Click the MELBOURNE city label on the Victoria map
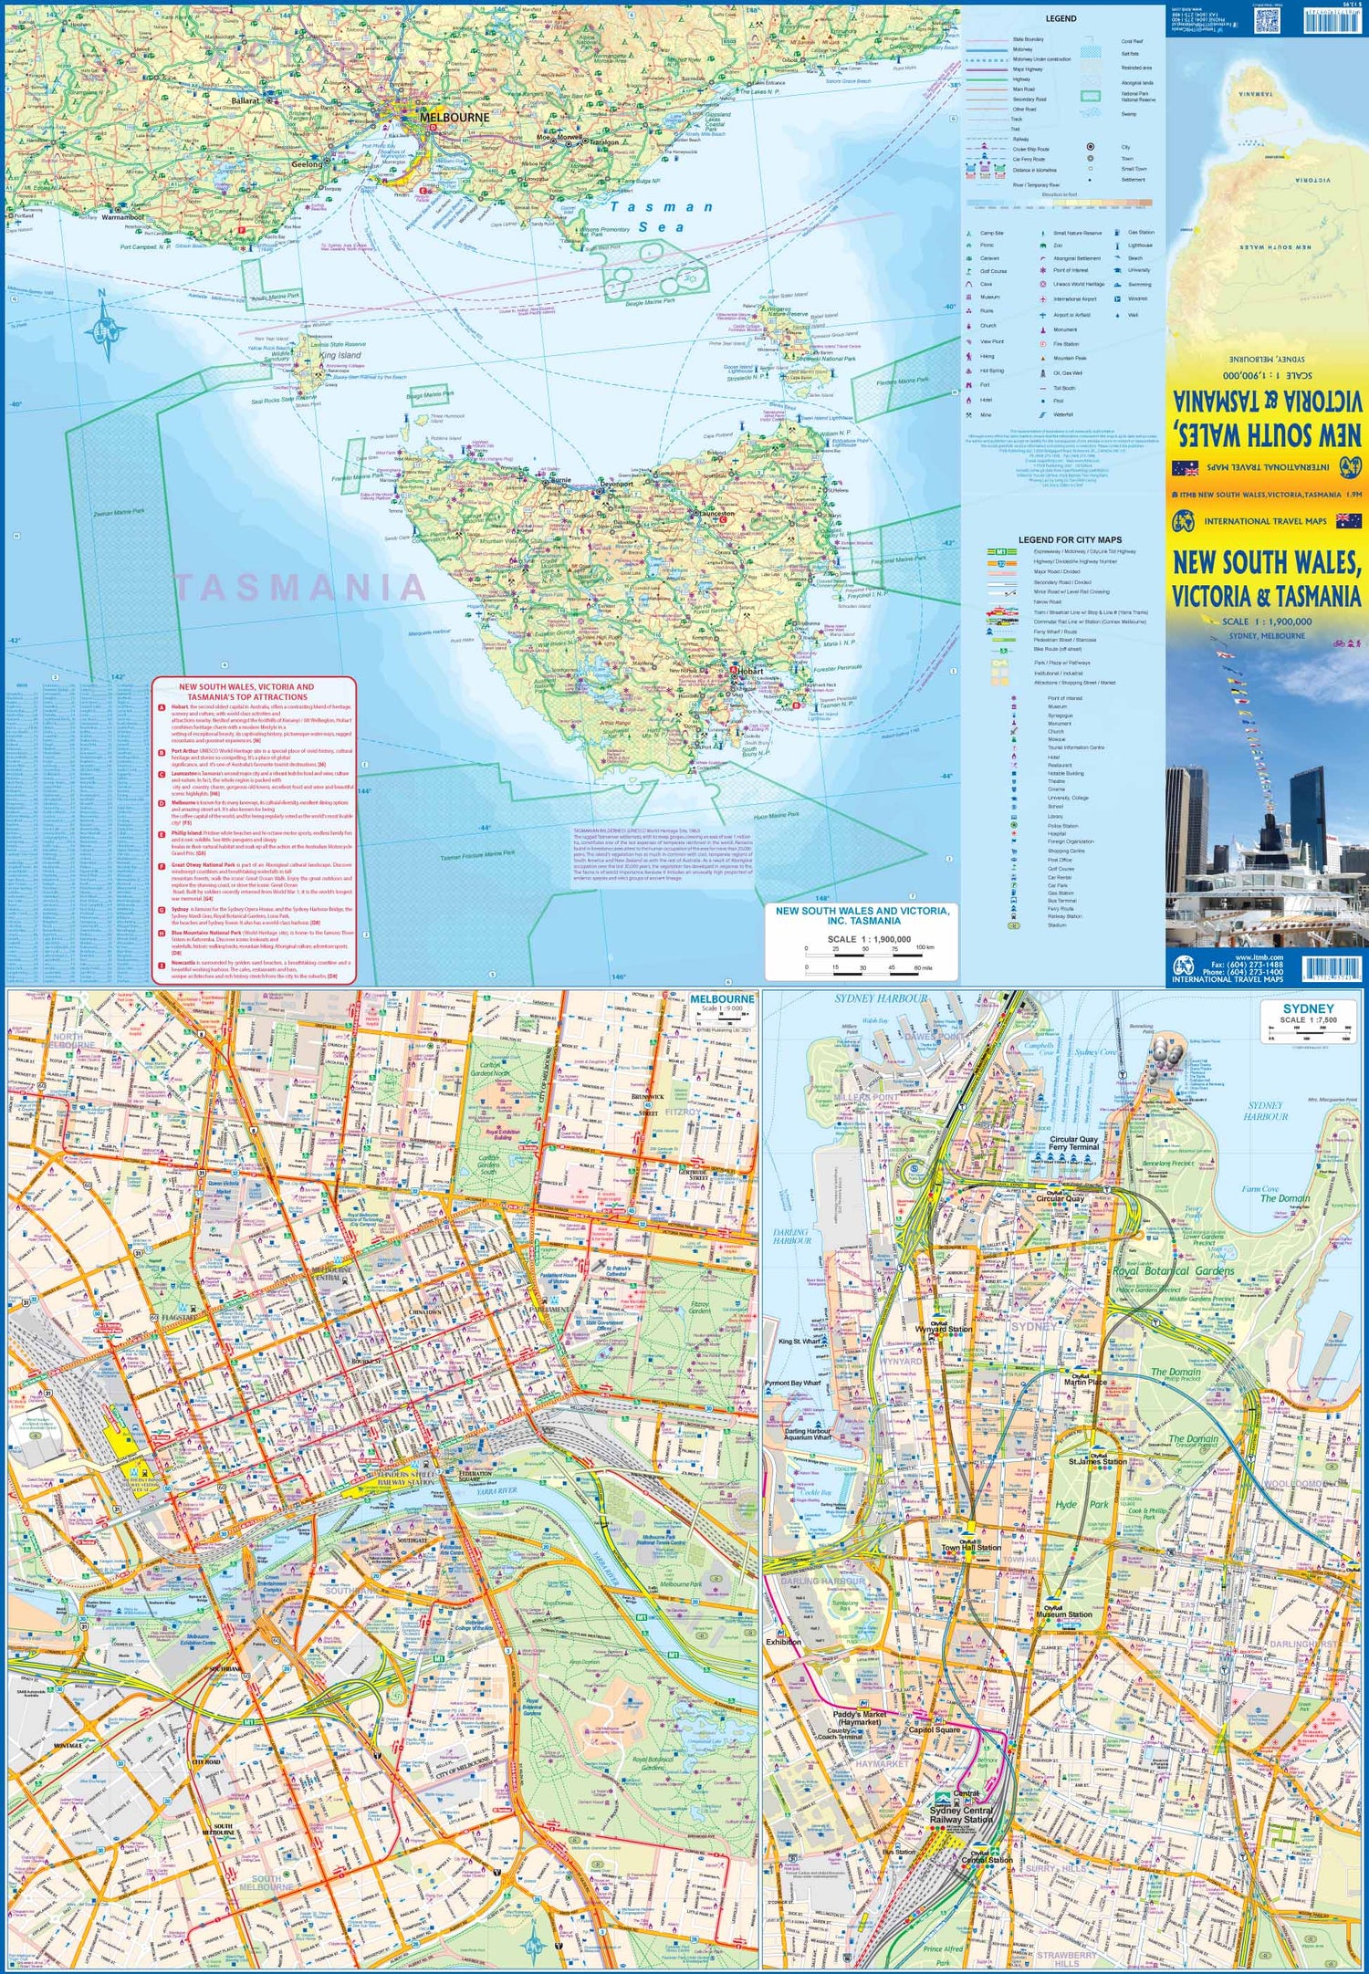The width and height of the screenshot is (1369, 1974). (454, 118)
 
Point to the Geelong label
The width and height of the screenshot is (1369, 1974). (307, 164)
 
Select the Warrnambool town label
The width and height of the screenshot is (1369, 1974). (122, 218)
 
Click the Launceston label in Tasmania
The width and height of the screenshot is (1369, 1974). (715, 514)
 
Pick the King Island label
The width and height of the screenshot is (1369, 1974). (340, 355)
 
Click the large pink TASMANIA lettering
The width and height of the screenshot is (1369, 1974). (299, 587)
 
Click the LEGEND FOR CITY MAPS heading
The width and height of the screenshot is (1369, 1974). (1070, 540)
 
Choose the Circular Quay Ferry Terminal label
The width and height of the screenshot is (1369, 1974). (1073, 1144)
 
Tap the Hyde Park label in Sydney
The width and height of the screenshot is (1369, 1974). (1082, 1504)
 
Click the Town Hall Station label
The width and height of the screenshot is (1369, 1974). (970, 1548)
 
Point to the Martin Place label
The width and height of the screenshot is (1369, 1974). (1085, 1382)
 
